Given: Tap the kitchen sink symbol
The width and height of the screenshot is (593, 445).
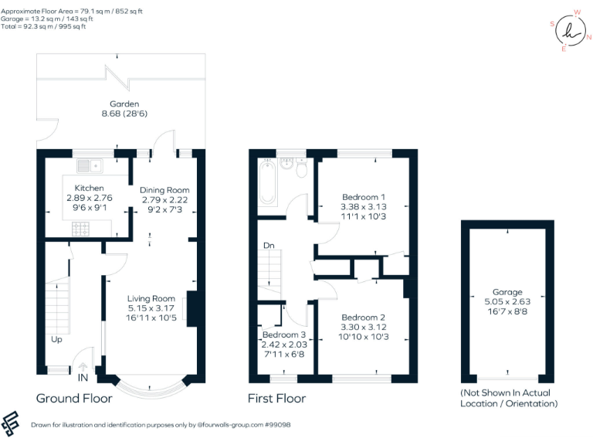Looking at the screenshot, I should (91, 165).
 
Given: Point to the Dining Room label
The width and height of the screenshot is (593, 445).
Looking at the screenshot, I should (164, 190).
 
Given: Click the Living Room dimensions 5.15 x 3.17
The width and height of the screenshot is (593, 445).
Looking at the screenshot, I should (151, 308).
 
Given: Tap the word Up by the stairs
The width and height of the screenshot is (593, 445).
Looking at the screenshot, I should (57, 339).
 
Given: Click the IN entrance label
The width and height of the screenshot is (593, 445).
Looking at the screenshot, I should (83, 378).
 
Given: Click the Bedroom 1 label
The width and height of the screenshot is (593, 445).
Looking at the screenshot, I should (363, 198).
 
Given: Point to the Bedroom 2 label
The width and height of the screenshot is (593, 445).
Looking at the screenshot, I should (363, 318).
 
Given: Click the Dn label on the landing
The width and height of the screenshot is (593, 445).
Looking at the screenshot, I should (268, 246).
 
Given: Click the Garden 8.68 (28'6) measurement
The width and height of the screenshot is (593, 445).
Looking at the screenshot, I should (124, 114).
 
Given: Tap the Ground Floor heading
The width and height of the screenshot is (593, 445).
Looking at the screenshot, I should (74, 399).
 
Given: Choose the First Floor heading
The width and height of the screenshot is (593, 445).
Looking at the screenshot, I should (276, 399).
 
